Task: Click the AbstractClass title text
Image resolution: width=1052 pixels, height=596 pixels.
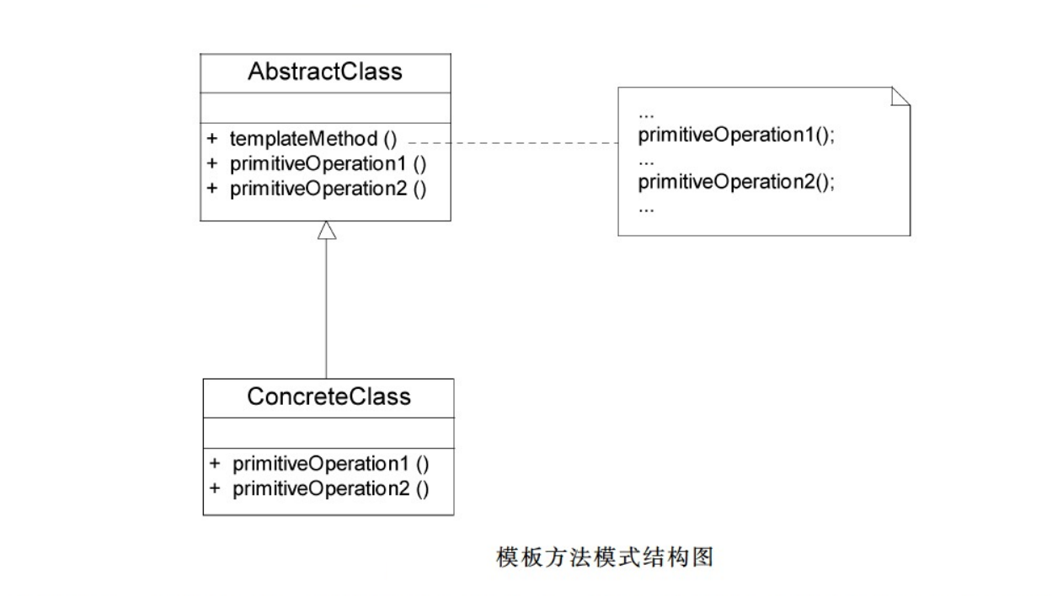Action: (325, 72)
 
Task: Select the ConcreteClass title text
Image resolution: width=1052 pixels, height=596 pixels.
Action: (328, 397)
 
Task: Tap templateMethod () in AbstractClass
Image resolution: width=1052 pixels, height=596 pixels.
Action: (313, 140)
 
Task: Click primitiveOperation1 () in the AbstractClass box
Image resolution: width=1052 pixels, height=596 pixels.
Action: (328, 164)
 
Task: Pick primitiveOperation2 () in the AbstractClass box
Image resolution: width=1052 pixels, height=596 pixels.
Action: (328, 189)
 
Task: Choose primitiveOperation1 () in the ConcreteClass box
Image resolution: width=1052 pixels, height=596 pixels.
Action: (331, 464)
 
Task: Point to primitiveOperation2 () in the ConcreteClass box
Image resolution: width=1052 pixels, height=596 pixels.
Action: (331, 489)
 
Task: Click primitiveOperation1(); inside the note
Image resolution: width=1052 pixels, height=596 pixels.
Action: (736, 136)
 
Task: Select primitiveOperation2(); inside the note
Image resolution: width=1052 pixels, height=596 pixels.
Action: (736, 183)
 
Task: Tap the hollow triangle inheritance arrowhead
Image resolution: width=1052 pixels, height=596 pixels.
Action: (327, 231)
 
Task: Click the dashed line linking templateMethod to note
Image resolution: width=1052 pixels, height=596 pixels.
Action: (513, 142)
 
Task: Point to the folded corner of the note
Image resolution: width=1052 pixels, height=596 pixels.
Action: (900, 97)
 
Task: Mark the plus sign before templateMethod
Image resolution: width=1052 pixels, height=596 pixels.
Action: (212, 138)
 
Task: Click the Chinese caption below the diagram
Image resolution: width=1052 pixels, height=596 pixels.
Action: (605, 557)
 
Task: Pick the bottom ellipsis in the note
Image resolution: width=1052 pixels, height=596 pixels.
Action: (646, 210)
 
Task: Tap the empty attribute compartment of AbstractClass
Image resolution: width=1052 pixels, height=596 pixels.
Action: (325, 109)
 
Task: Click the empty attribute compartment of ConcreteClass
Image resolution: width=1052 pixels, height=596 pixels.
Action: (328, 434)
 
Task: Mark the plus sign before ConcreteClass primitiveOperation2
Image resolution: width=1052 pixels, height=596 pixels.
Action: (215, 488)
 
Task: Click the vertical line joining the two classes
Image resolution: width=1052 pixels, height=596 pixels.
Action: (327, 309)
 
